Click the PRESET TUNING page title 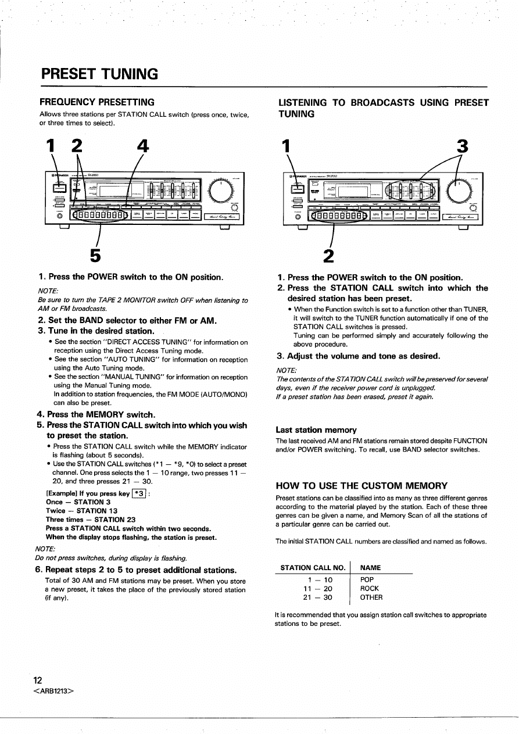click(99, 74)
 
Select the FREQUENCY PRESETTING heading click(96, 102)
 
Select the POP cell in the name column click(367, 579)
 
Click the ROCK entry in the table click(370, 588)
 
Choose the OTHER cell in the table click(371, 597)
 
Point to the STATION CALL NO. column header click(313, 567)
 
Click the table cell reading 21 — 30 click(318, 597)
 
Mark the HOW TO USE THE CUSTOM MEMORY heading click(361, 486)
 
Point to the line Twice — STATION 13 click(82, 511)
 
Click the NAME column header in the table click(371, 567)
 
